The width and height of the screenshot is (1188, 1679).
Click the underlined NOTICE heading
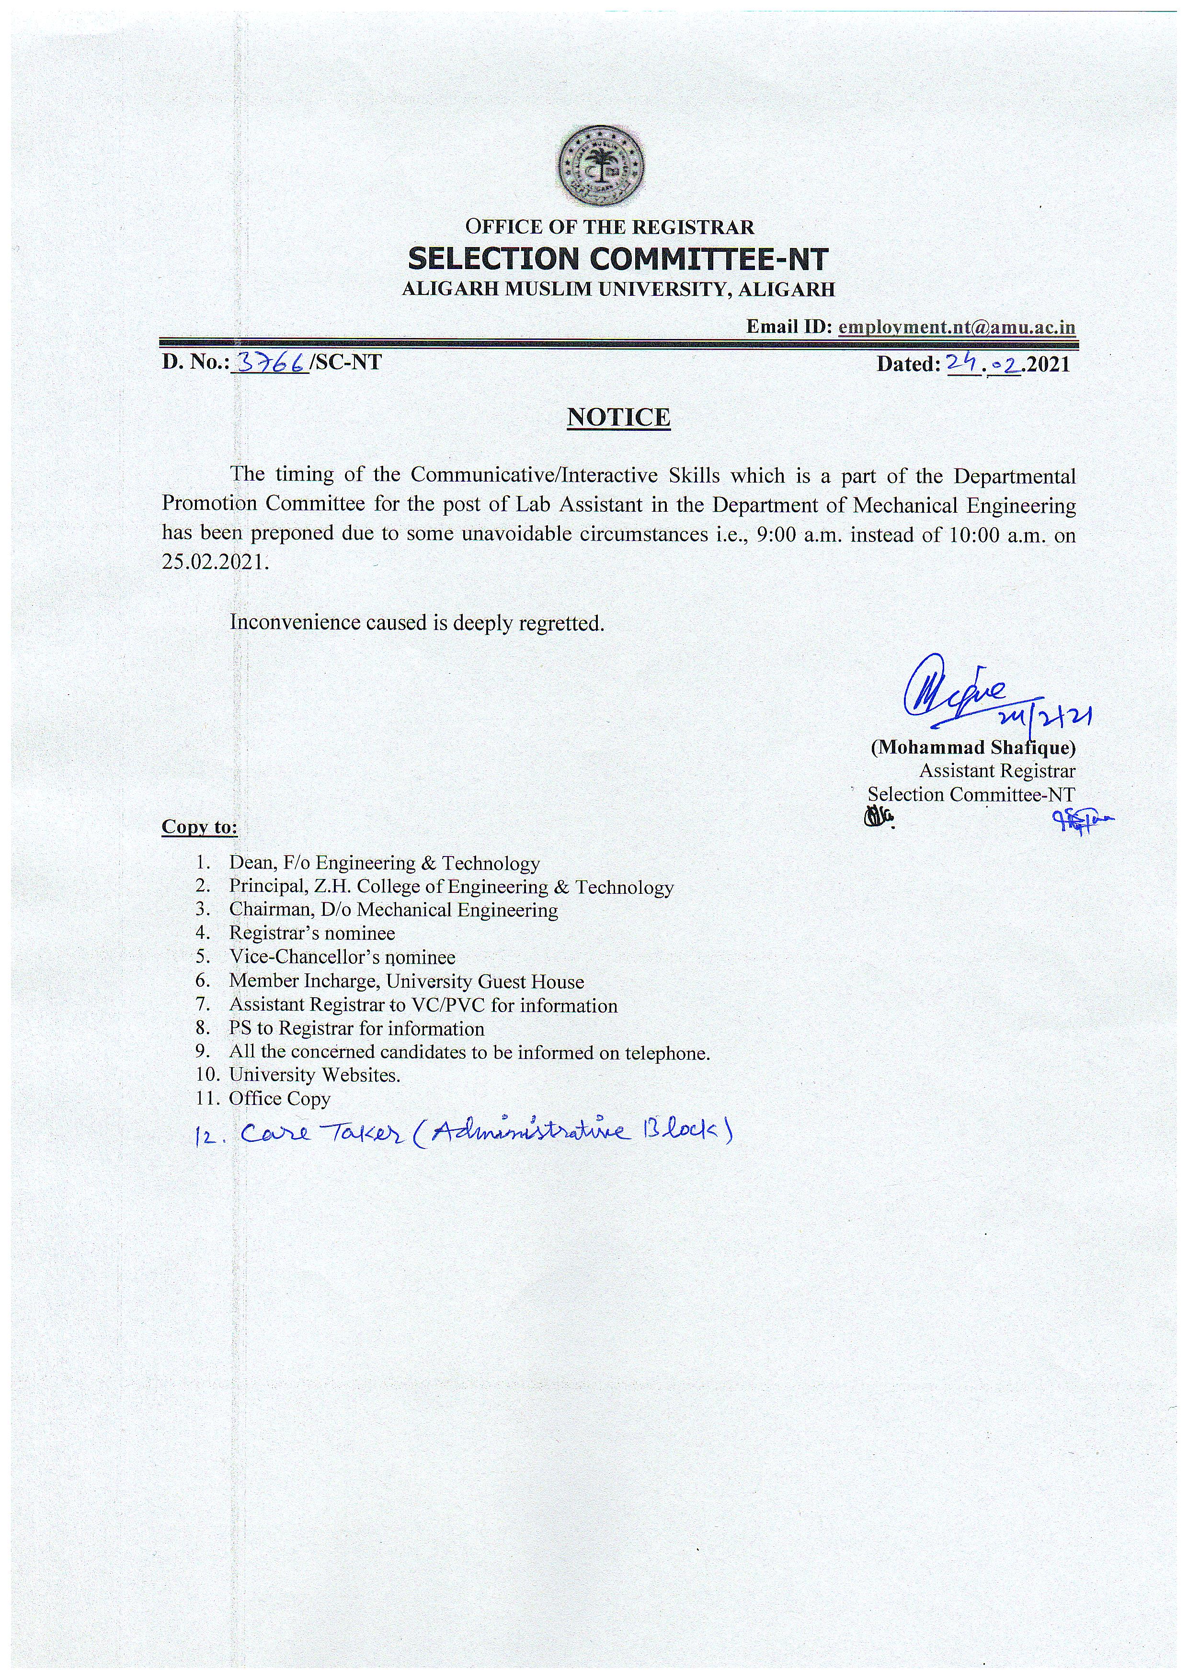coord(619,417)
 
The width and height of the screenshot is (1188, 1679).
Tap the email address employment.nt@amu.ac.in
coord(957,327)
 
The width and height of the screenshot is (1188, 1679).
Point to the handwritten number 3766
coord(268,363)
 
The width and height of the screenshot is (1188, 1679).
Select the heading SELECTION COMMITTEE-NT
coord(618,259)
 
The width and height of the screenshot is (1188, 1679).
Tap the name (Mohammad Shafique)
coord(972,747)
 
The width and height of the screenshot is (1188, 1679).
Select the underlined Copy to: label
coord(200,827)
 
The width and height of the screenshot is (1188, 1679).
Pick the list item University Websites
coord(315,1075)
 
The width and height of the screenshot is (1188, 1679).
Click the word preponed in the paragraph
coord(293,535)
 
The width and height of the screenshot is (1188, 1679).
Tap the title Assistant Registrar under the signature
coord(997,771)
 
